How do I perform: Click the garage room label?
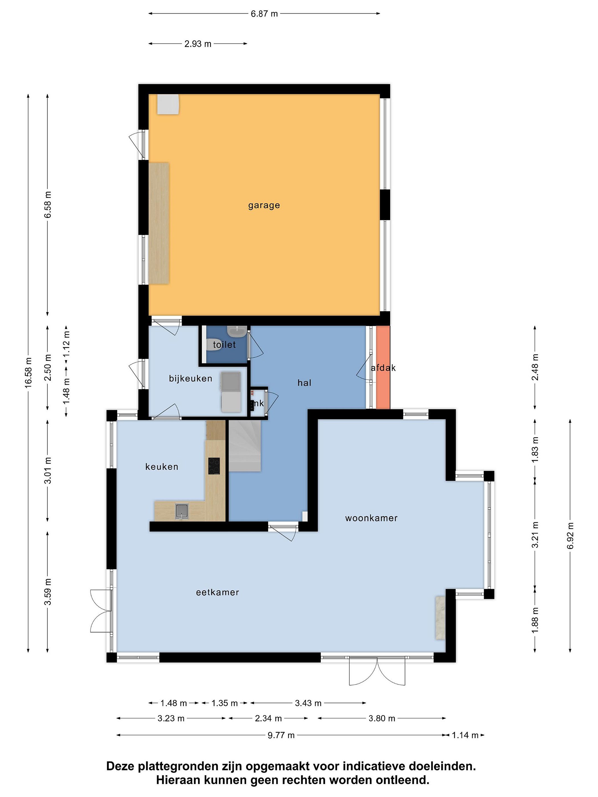(264, 205)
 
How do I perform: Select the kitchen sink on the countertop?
(182, 511)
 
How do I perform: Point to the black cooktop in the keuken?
(214, 466)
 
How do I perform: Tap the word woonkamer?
(371, 518)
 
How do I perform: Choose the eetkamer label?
(217, 592)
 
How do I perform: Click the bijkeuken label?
(190, 378)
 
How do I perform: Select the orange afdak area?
(383, 367)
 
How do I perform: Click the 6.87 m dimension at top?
(264, 14)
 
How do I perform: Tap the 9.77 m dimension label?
(281, 735)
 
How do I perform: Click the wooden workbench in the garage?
(159, 223)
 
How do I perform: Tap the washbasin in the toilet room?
(237, 330)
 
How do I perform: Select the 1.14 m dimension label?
(465, 735)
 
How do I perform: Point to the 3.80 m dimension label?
(382, 718)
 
